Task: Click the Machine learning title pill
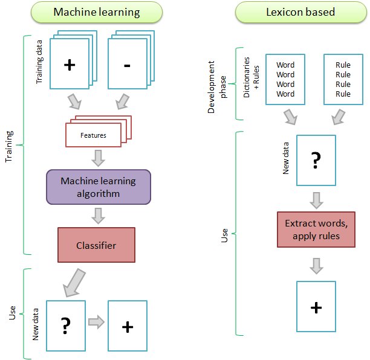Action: [x=99, y=11]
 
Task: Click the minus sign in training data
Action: [x=126, y=66]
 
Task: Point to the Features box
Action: [x=93, y=135]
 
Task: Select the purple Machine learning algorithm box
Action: [x=98, y=186]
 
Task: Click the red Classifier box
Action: [x=96, y=245]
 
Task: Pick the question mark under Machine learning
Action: [x=66, y=326]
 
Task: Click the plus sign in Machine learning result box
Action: [x=127, y=326]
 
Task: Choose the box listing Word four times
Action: [x=285, y=79]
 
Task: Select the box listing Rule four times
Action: [x=343, y=79]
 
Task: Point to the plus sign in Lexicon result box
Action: [x=316, y=307]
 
